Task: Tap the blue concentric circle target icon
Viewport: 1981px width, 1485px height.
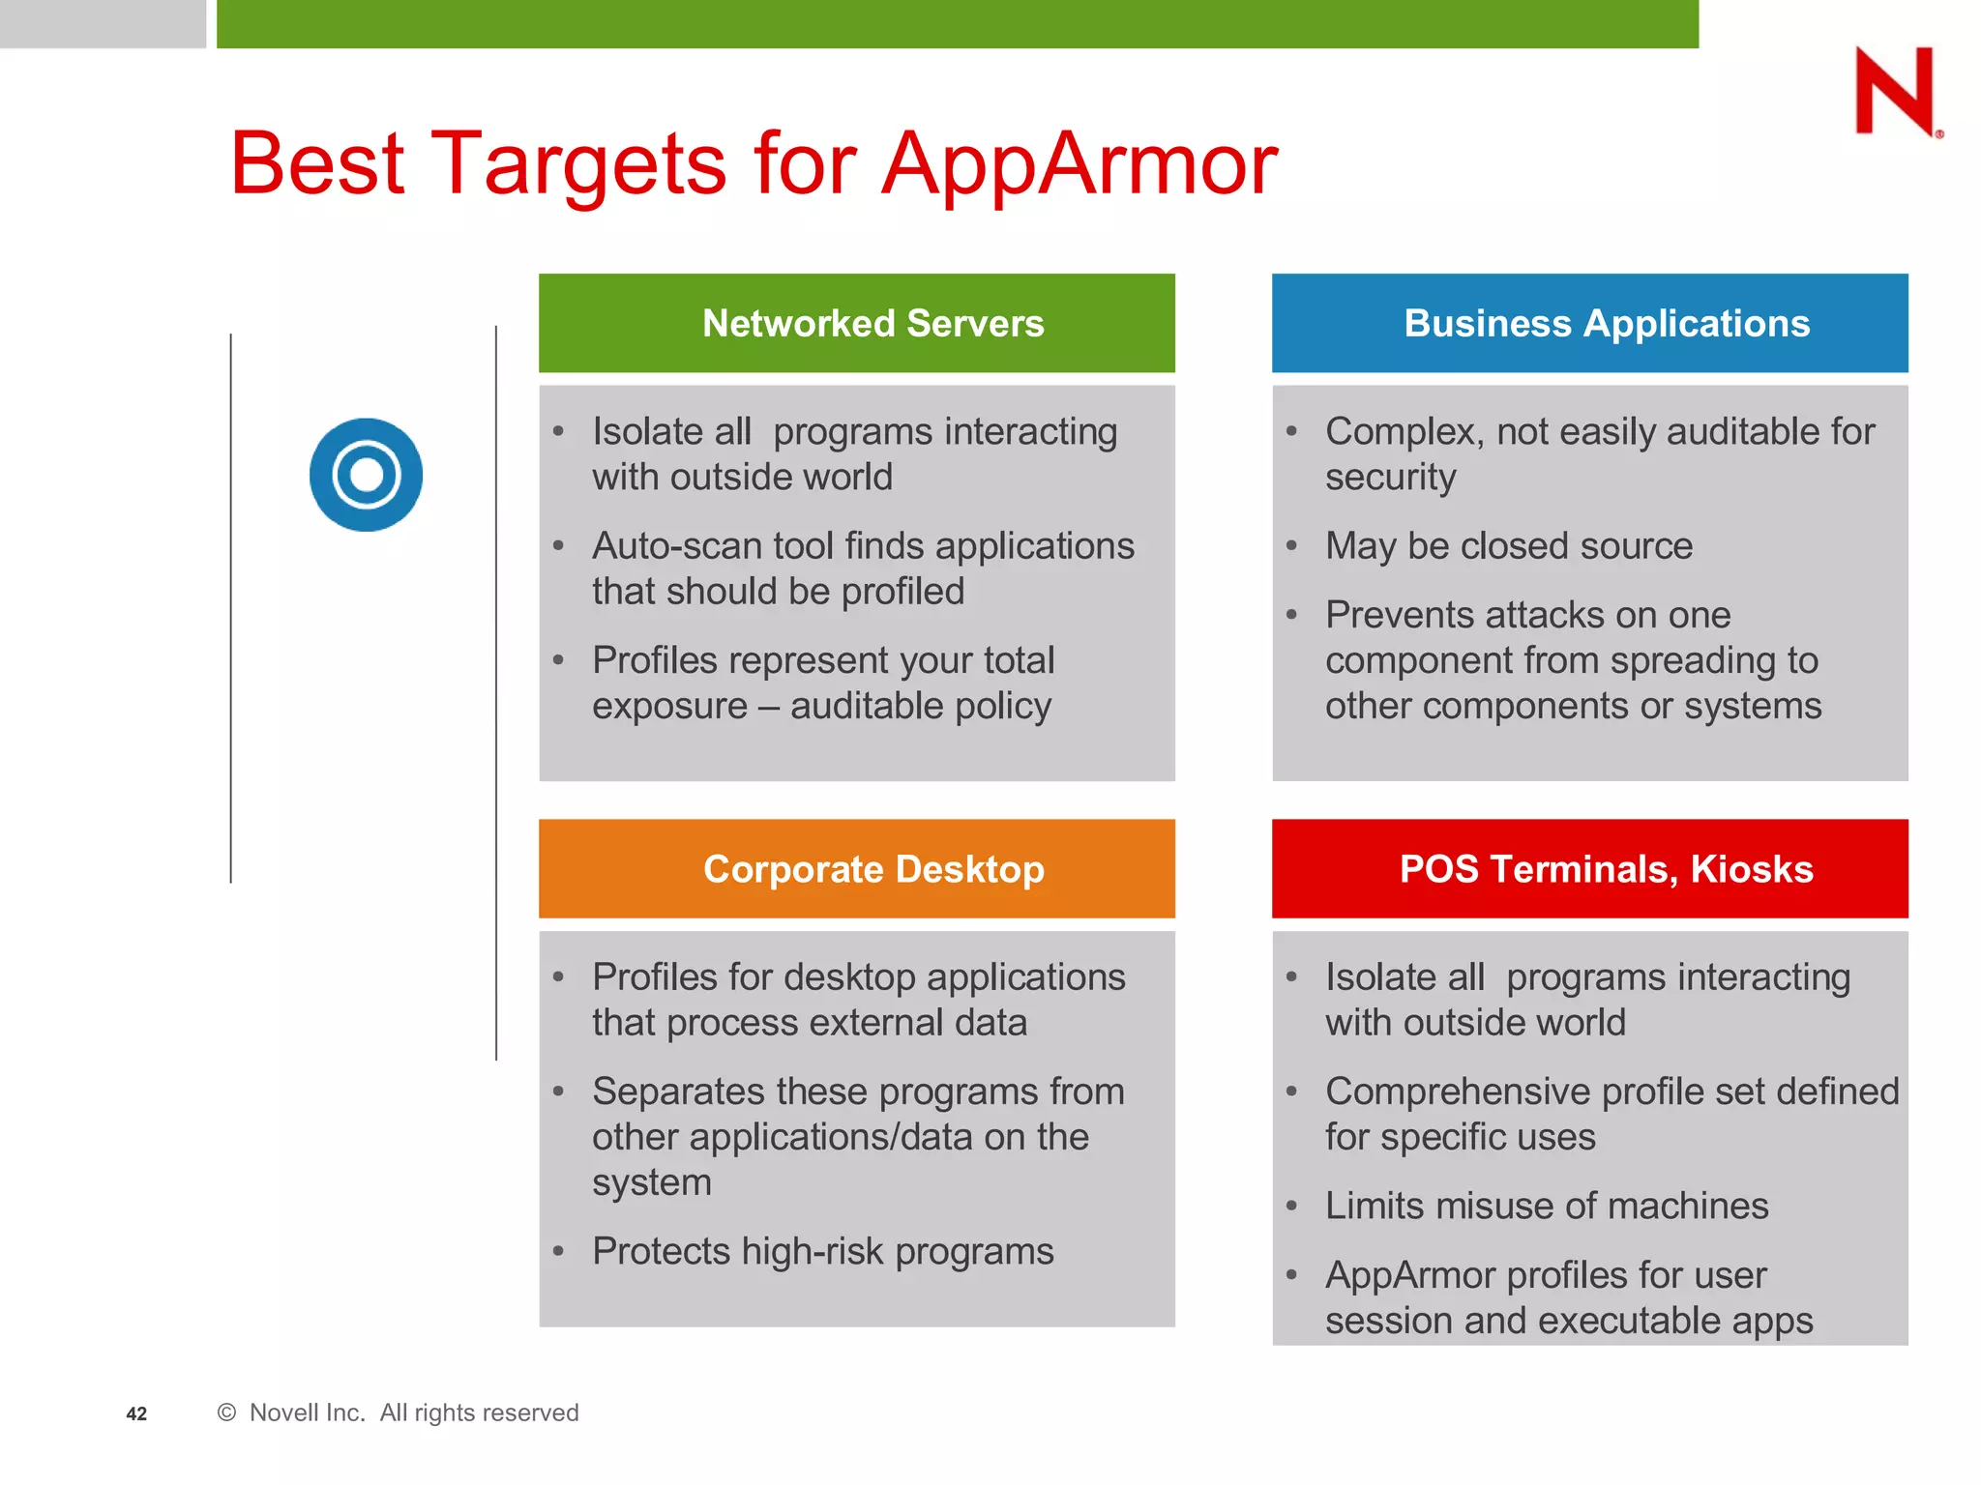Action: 366,475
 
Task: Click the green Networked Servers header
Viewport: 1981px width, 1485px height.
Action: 856,323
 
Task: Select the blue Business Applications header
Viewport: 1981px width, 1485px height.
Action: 1589,323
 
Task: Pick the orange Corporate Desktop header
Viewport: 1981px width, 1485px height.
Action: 856,868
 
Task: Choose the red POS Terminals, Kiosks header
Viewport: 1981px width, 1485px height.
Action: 1589,868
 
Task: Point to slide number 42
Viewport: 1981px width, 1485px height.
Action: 136,1413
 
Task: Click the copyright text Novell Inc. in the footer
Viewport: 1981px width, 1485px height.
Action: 307,1412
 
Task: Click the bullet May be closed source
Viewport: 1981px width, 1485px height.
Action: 1508,546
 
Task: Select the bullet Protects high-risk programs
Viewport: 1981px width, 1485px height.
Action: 822,1251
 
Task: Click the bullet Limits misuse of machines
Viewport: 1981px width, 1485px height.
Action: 1546,1206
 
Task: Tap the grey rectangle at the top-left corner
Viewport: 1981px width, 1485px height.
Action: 103,23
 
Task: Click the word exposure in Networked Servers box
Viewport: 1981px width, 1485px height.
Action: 669,707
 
